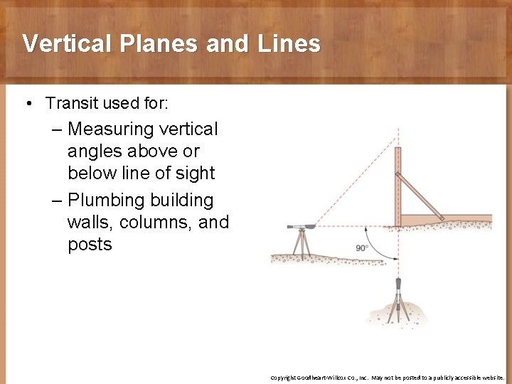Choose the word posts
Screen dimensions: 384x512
tap(90, 245)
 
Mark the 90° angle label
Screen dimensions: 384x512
tap(363, 247)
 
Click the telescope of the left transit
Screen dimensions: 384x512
tap(302, 227)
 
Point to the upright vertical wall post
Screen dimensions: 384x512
tap(398, 185)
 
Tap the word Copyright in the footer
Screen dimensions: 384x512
tap(286, 378)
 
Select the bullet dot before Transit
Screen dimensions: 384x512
tap(27, 104)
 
